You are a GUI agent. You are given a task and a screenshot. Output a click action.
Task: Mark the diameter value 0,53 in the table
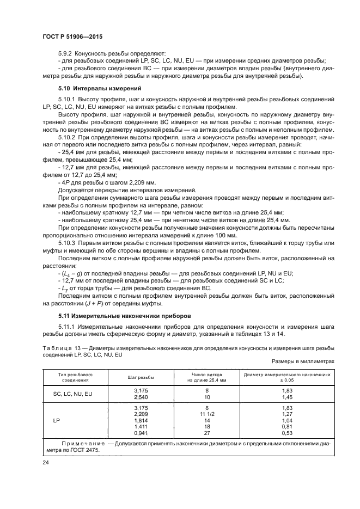pyautogui.click(x=287, y=433)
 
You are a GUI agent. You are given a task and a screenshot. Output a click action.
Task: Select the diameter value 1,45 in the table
pyautogui.click(x=287, y=397)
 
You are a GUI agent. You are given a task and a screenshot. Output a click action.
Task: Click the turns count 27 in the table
pyautogui.click(x=207, y=433)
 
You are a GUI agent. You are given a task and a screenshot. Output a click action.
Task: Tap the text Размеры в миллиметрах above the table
pyautogui.click(x=302, y=360)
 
